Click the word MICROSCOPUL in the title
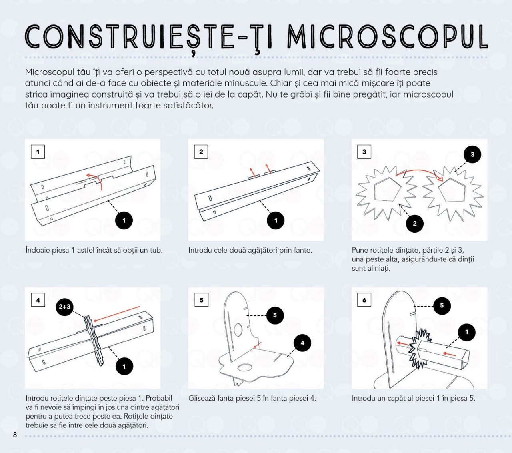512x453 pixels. coord(387,37)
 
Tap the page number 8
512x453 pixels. coord(15,435)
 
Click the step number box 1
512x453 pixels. coord(38,152)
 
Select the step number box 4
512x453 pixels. coord(38,300)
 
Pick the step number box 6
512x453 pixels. coord(364,300)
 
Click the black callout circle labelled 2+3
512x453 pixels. coord(64,307)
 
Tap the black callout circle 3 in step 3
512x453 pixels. coord(472,154)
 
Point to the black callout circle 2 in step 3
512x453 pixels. coord(414,224)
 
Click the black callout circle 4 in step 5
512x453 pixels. coord(302,343)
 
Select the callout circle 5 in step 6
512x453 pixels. coord(442,306)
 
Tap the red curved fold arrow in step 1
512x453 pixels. coord(96,179)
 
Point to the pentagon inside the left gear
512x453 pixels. coord(387,190)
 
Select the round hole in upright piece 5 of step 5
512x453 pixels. coord(238,330)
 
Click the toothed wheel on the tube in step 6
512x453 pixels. coord(419,348)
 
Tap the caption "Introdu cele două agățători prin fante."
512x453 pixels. coord(250,250)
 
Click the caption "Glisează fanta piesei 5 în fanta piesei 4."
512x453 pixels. coord(252,398)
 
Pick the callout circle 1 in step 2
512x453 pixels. coord(276,220)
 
